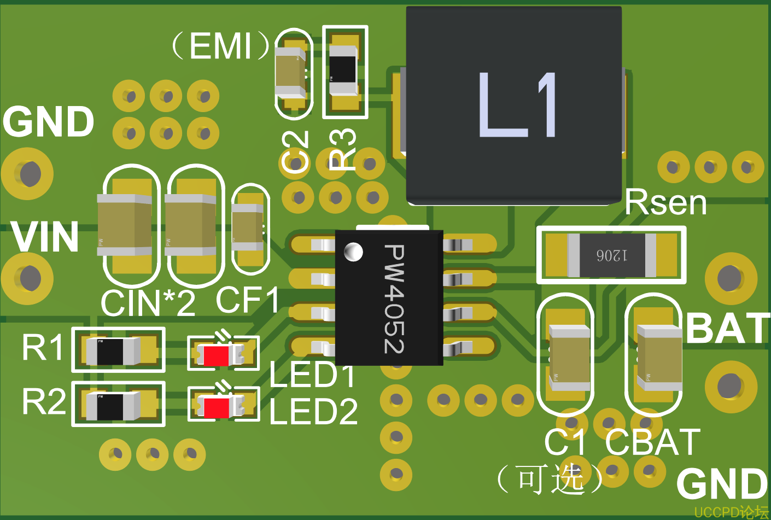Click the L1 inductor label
coord(517,105)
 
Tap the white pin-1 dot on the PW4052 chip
coord(353,252)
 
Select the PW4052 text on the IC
coord(394,299)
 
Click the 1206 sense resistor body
coord(611,255)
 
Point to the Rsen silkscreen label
coord(665,202)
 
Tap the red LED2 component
coord(217,407)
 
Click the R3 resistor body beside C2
coord(343,69)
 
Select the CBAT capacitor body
coord(659,358)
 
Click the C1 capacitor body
coord(570,358)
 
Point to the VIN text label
coord(45,237)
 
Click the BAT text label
coord(728,328)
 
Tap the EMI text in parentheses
coord(221,46)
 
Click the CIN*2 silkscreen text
coord(148,303)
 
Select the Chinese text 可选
coord(551,479)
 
